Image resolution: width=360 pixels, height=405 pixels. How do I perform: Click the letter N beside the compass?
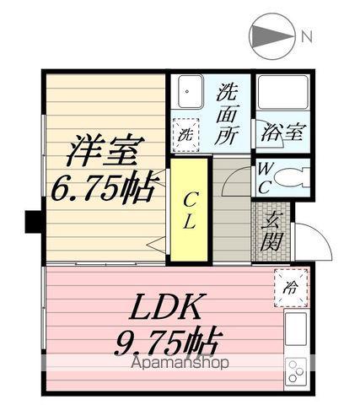click(x=307, y=36)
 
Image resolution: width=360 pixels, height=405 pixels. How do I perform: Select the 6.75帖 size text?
click(x=103, y=186)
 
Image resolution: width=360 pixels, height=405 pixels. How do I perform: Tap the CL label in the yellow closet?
click(x=189, y=210)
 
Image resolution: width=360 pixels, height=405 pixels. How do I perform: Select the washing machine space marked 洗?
click(x=185, y=134)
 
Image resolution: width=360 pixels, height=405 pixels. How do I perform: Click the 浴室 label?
click(x=283, y=132)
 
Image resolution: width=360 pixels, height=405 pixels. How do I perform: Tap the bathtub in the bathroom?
click(x=283, y=92)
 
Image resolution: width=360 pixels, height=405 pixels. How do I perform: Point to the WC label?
click(x=265, y=178)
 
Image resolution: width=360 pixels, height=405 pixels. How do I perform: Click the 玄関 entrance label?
click(x=271, y=230)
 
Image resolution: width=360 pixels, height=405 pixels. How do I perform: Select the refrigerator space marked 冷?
click(x=291, y=288)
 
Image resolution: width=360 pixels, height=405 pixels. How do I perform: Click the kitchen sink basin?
click(x=296, y=329)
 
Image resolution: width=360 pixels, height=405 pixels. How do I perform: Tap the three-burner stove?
click(x=296, y=372)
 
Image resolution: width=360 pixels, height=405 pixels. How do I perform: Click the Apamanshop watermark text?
click(x=180, y=363)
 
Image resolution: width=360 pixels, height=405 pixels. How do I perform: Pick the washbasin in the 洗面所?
click(x=191, y=91)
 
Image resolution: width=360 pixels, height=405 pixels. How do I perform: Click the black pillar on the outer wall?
click(x=34, y=222)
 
